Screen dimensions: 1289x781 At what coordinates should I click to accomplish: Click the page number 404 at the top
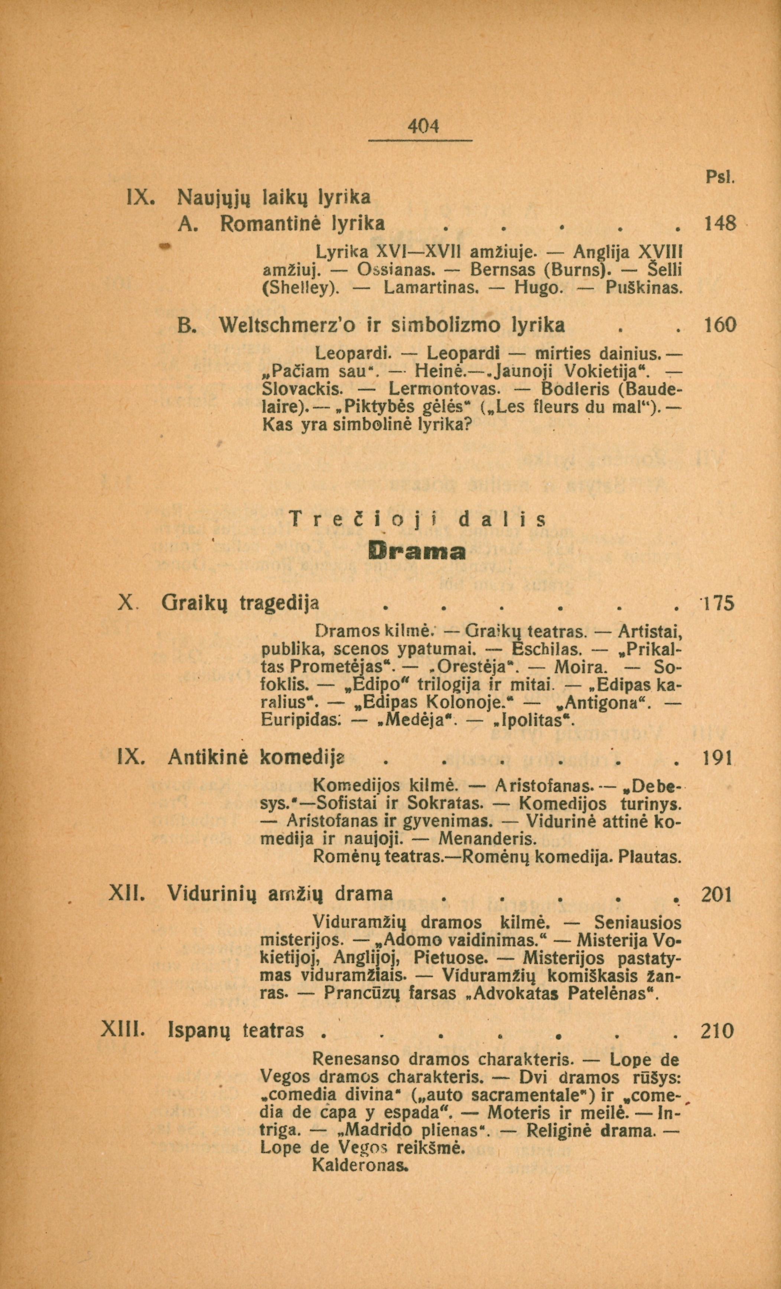pos(424,127)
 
